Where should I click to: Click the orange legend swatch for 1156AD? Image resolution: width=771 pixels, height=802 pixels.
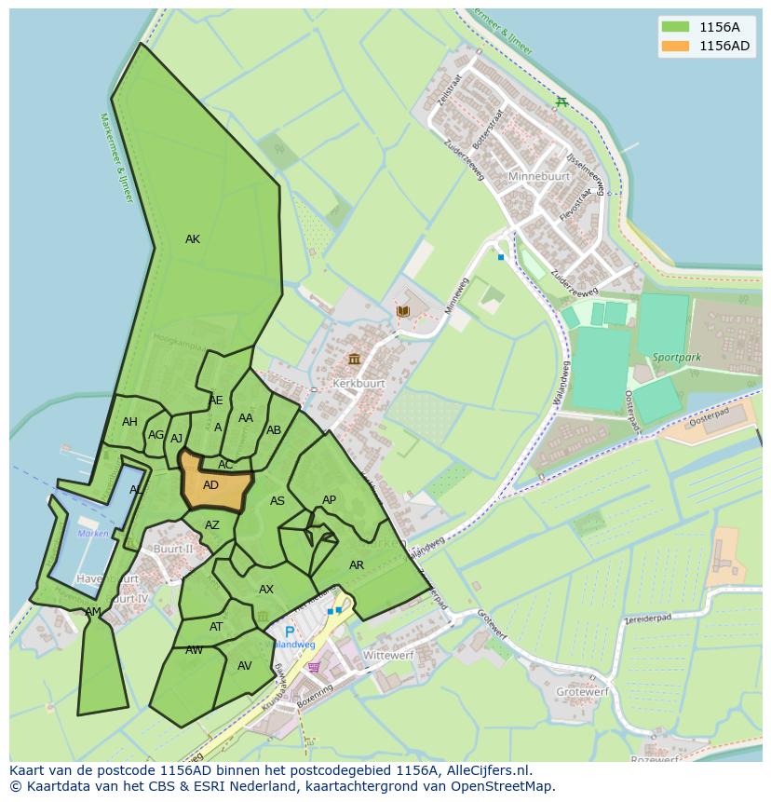(675, 46)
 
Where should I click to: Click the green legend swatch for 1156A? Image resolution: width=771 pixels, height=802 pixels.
(675, 26)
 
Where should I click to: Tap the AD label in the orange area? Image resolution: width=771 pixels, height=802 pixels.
(210, 485)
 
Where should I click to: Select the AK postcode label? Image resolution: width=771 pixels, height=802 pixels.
(192, 239)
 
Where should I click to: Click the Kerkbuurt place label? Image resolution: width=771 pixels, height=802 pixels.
(358, 383)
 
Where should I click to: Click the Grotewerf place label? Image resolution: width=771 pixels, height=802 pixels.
(582, 692)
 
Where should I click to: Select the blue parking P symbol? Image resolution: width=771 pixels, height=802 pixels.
(290, 632)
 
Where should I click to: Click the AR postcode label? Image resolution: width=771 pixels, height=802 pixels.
(357, 565)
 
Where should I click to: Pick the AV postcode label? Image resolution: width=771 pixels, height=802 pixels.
(245, 666)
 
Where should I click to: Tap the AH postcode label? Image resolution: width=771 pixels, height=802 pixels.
(129, 422)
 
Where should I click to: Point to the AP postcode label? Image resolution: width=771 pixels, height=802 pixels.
(329, 500)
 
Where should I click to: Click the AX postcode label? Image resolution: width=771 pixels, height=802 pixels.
(266, 590)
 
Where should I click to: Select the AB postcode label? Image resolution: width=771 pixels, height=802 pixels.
(274, 430)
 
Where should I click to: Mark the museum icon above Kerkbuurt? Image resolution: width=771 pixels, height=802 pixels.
(354, 359)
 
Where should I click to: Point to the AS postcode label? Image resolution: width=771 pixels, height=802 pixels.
(277, 501)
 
